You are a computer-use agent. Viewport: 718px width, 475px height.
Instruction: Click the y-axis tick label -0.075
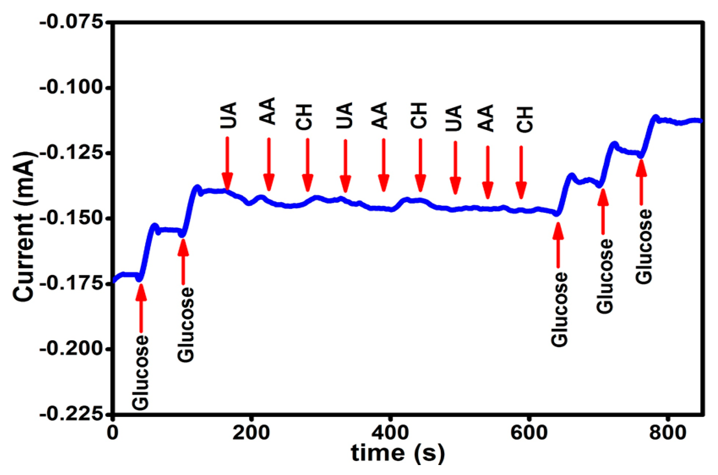point(72,23)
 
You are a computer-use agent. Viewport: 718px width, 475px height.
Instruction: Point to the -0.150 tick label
point(72,219)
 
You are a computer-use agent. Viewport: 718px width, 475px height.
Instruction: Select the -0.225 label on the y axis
point(72,414)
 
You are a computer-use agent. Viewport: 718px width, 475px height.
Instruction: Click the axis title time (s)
point(398,453)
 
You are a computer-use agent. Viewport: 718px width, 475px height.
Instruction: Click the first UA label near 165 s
point(228,115)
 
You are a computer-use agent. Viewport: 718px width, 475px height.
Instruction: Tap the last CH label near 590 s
point(525,119)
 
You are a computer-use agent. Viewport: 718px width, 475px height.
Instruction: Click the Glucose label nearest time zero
point(140,373)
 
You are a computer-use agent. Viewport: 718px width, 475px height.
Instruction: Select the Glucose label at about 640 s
point(559,309)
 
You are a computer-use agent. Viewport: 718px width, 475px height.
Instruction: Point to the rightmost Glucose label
point(643,247)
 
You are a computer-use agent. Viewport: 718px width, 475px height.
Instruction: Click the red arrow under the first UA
point(227,163)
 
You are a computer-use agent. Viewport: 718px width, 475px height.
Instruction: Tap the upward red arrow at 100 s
point(183,261)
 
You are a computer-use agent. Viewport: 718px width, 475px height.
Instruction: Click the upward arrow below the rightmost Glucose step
point(641,182)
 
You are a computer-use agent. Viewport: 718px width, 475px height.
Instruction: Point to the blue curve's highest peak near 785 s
point(655,118)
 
